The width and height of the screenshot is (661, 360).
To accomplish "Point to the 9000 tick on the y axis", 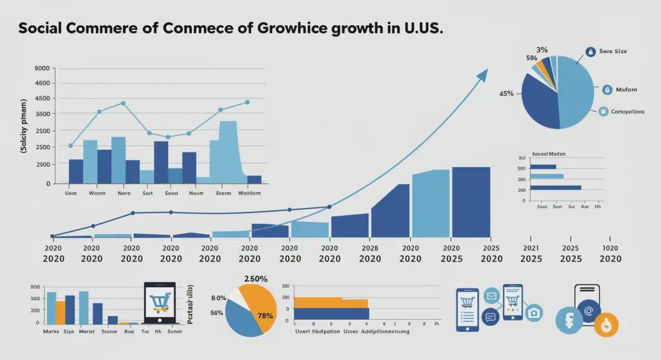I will pyautogui.click(x=42, y=68).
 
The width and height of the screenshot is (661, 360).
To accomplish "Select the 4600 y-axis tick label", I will pyautogui.click(x=42, y=83).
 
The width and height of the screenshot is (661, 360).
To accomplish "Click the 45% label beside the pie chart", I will pyautogui.click(x=506, y=94).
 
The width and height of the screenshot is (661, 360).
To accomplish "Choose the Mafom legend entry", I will pyautogui.click(x=626, y=89).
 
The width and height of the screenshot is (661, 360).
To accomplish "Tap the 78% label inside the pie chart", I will pyautogui.click(x=266, y=315).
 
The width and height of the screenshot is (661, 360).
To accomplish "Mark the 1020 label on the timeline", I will pyautogui.click(x=610, y=248).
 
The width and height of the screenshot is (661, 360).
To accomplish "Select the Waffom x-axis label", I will pyautogui.click(x=250, y=193).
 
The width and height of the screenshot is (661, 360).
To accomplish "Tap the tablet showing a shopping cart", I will pyautogui.click(x=159, y=303).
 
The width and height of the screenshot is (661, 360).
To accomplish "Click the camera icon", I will pyautogui.click(x=533, y=313).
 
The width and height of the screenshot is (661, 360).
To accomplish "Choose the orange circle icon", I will pyautogui.click(x=606, y=324).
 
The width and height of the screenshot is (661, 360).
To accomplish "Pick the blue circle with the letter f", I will pyautogui.click(x=568, y=320).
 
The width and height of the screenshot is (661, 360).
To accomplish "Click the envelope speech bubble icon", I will pyautogui.click(x=491, y=296).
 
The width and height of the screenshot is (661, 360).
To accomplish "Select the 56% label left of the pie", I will pyautogui.click(x=216, y=313).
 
